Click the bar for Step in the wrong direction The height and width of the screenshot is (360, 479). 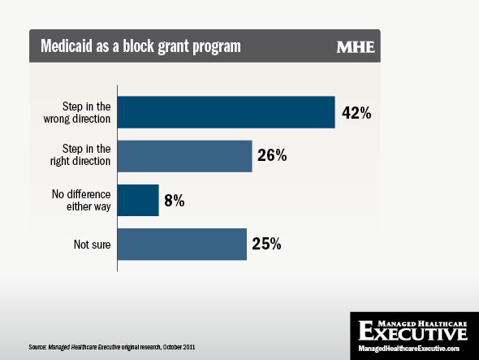(x=226, y=112)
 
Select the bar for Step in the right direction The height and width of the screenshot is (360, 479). (x=185, y=156)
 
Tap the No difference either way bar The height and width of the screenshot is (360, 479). (x=138, y=200)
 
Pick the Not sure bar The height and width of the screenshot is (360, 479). (x=182, y=244)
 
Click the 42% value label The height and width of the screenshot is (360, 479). (x=356, y=113)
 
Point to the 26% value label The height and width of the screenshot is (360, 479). (x=272, y=155)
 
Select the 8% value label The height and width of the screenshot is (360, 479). (x=174, y=201)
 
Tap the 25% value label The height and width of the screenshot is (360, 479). (x=266, y=244)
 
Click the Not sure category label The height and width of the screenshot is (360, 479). (x=92, y=245)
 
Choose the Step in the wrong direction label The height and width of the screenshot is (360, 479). (x=77, y=113)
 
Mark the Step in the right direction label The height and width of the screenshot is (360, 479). (x=80, y=154)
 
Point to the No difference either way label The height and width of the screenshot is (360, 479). (x=81, y=201)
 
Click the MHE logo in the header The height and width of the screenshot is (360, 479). (x=356, y=47)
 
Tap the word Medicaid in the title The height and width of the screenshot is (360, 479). (x=67, y=46)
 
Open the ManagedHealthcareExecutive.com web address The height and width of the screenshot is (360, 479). (x=408, y=349)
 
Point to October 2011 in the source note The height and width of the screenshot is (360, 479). (x=179, y=347)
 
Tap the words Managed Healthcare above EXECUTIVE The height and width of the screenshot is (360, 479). (x=422, y=324)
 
